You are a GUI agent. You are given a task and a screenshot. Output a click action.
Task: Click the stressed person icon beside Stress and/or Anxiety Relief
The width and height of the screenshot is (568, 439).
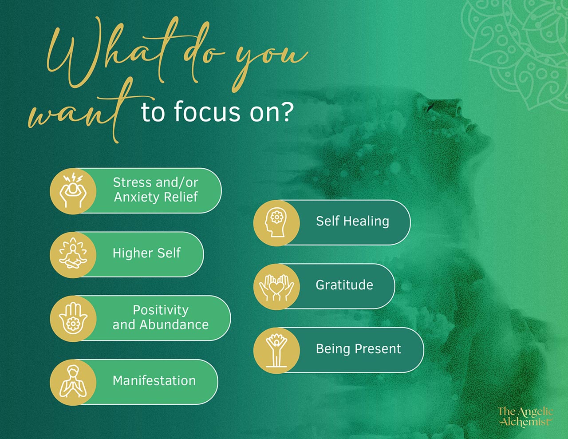pyautogui.click(x=73, y=191)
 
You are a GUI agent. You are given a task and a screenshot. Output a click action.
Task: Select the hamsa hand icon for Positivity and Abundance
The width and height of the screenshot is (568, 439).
pyautogui.click(x=73, y=319)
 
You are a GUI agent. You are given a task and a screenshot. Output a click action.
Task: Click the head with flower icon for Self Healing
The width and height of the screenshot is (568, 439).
pyautogui.click(x=276, y=223)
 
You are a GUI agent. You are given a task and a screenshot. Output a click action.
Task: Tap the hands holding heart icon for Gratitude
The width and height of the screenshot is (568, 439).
pyautogui.click(x=276, y=287)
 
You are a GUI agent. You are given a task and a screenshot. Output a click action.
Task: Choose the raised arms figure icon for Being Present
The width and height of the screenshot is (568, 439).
pyautogui.click(x=276, y=351)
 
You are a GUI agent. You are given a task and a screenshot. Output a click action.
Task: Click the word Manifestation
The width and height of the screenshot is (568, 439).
pyautogui.click(x=154, y=381)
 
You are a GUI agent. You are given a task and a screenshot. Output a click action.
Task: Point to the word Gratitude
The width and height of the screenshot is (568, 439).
pyautogui.click(x=344, y=285)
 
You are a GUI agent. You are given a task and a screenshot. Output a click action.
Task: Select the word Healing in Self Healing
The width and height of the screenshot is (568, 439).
pyautogui.click(x=366, y=221)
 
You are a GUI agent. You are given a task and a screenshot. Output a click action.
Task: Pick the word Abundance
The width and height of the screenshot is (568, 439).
pyautogui.click(x=174, y=325)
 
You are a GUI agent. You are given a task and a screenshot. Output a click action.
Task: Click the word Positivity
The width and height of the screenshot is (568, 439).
pyautogui.click(x=161, y=310)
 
